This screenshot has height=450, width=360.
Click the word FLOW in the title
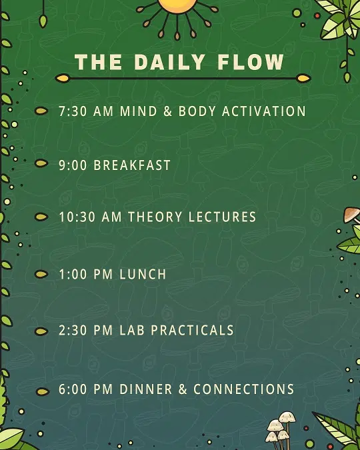pyautogui.click(x=251, y=62)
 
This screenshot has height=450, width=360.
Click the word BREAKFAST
pyautogui.click(x=132, y=165)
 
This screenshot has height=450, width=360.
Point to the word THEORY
pyautogui.click(x=155, y=217)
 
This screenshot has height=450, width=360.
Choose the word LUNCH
pyautogui.click(x=143, y=275)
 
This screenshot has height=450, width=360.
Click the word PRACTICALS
pyautogui.click(x=193, y=330)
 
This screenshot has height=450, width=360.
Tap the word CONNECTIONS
pyautogui.click(x=244, y=389)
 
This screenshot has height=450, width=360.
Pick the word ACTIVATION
pyautogui.click(x=264, y=111)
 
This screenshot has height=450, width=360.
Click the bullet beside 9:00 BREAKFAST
pyautogui.click(x=41, y=163)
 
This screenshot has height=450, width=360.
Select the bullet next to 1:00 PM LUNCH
pyautogui.click(x=41, y=275)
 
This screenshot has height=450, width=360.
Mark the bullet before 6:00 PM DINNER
pyautogui.click(x=43, y=391)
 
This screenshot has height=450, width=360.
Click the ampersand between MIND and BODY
pyautogui.click(x=167, y=111)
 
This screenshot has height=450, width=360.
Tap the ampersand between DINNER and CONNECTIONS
pyautogui.click(x=183, y=389)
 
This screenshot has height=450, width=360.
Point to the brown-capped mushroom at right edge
pyautogui.click(x=352, y=215)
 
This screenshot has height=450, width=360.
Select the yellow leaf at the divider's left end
pyautogui.click(x=63, y=78)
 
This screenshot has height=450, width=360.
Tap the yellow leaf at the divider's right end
pyautogui.click(x=303, y=78)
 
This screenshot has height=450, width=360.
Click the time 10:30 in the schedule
pyautogui.click(x=77, y=217)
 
